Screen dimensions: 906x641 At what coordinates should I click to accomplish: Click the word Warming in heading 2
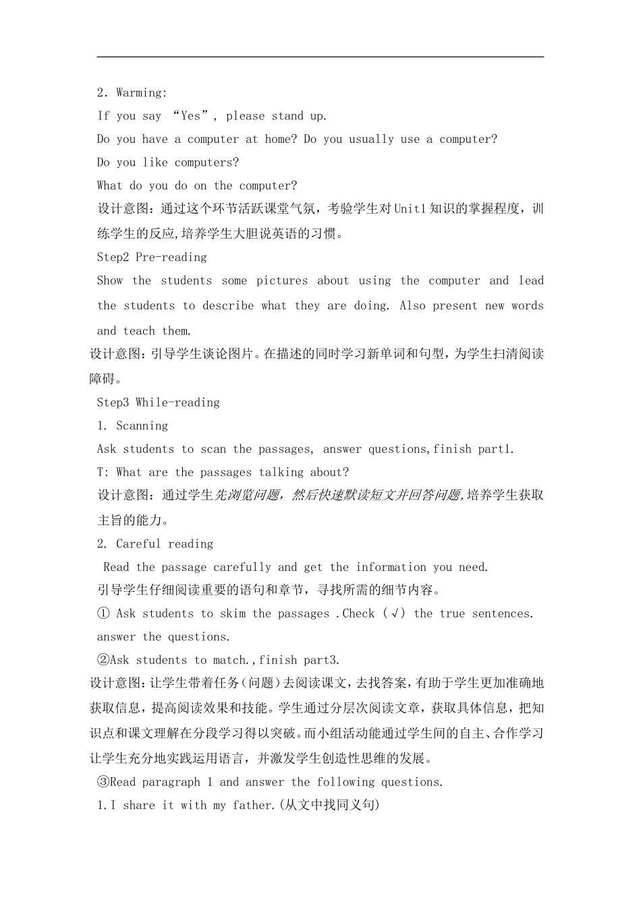click(141, 93)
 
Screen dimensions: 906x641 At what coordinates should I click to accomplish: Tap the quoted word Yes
click(191, 116)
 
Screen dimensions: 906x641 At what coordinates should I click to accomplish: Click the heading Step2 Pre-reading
click(152, 257)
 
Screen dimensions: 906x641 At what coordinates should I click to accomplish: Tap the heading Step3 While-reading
click(159, 402)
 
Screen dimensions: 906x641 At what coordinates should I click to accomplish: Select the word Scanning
click(142, 426)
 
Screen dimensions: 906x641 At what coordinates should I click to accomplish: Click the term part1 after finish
click(495, 449)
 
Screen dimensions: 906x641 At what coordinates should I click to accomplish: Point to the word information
click(391, 568)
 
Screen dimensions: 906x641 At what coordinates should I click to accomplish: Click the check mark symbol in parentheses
click(394, 613)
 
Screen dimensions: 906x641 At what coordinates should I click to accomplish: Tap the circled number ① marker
click(103, 613)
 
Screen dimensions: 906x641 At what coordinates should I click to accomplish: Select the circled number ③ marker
click(103, 782)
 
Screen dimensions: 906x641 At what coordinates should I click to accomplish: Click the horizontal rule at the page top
click(320, 57)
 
